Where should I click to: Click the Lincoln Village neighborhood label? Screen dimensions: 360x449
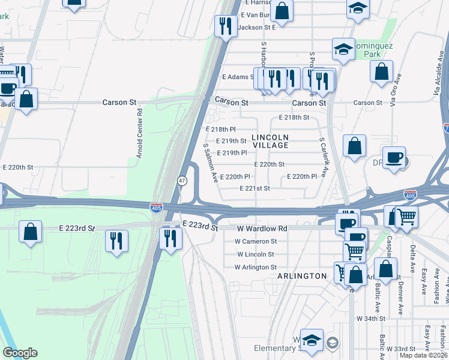point(270,141)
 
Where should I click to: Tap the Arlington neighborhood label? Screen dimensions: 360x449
point(302,276)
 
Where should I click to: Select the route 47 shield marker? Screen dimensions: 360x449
point(181,180)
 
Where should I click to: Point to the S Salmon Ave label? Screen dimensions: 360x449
point(209,163)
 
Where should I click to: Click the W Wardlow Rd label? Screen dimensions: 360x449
point(262,229)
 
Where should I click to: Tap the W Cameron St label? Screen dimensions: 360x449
point(256,241)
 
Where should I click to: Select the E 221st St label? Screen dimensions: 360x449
point(255,188)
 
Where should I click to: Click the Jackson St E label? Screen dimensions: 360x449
point(256,27)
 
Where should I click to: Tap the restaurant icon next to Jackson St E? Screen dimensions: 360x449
point(225,25)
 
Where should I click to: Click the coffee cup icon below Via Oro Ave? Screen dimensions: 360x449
point(394,158)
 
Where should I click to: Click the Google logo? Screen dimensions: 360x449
point(20,353)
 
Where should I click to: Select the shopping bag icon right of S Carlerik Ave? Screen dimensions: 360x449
point(355,145)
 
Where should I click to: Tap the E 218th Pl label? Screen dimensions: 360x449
point(220,129)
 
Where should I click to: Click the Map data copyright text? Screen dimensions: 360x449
point(423,355)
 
